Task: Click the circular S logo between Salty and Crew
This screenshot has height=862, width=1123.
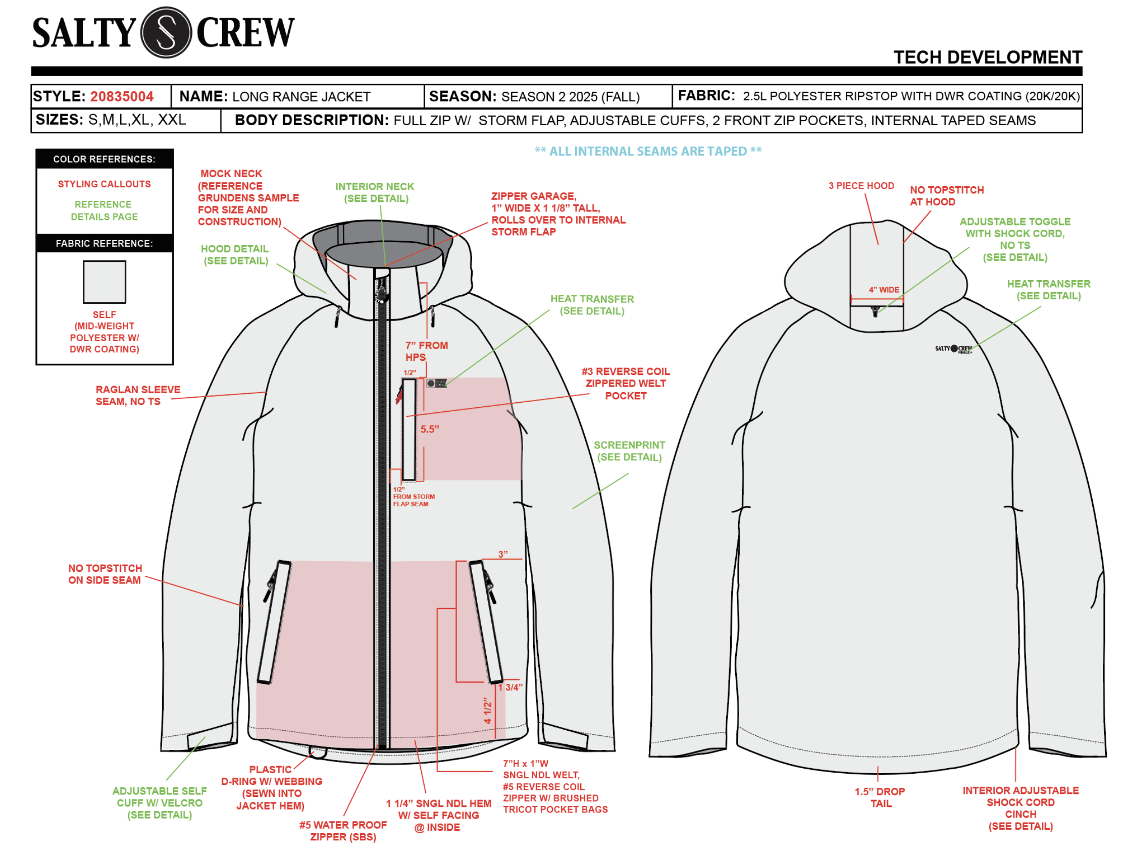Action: [x=165, y=32]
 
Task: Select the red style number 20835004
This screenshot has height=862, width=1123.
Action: [x=122, y=96]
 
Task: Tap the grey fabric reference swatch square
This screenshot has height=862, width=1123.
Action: [x=104, y=282]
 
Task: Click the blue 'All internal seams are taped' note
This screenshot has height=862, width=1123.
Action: [x=648, y=151]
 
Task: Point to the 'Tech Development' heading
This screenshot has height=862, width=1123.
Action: [x=987, y=57]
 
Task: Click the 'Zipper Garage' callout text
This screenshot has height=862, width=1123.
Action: [x=557, y=214]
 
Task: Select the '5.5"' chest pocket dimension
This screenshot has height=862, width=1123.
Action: [x=430, y=429]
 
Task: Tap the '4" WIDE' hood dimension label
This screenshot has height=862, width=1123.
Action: [x=883, y=290]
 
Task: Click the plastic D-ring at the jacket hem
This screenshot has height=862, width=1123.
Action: [x=318, y=752]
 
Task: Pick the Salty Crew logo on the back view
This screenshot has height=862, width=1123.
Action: [x=953, y=349]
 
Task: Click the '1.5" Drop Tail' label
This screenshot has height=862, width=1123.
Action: [x=880, y=797]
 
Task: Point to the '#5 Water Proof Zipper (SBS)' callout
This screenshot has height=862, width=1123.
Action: [x=343, y=831]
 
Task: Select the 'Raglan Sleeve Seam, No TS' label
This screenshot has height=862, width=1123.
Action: [x=137, y=396]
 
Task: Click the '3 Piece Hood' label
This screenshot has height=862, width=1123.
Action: [x=861, y=186]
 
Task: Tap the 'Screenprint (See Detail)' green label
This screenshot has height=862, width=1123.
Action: [x=629, y=451]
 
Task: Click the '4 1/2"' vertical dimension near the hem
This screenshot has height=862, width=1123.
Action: [x=488, y=711]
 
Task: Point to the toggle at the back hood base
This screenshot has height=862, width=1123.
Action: [x=876, y=311]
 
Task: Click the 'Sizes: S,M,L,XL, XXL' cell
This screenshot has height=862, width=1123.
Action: [x=111, y=120]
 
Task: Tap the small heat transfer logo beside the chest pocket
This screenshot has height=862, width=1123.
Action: [x=436, y=383]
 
